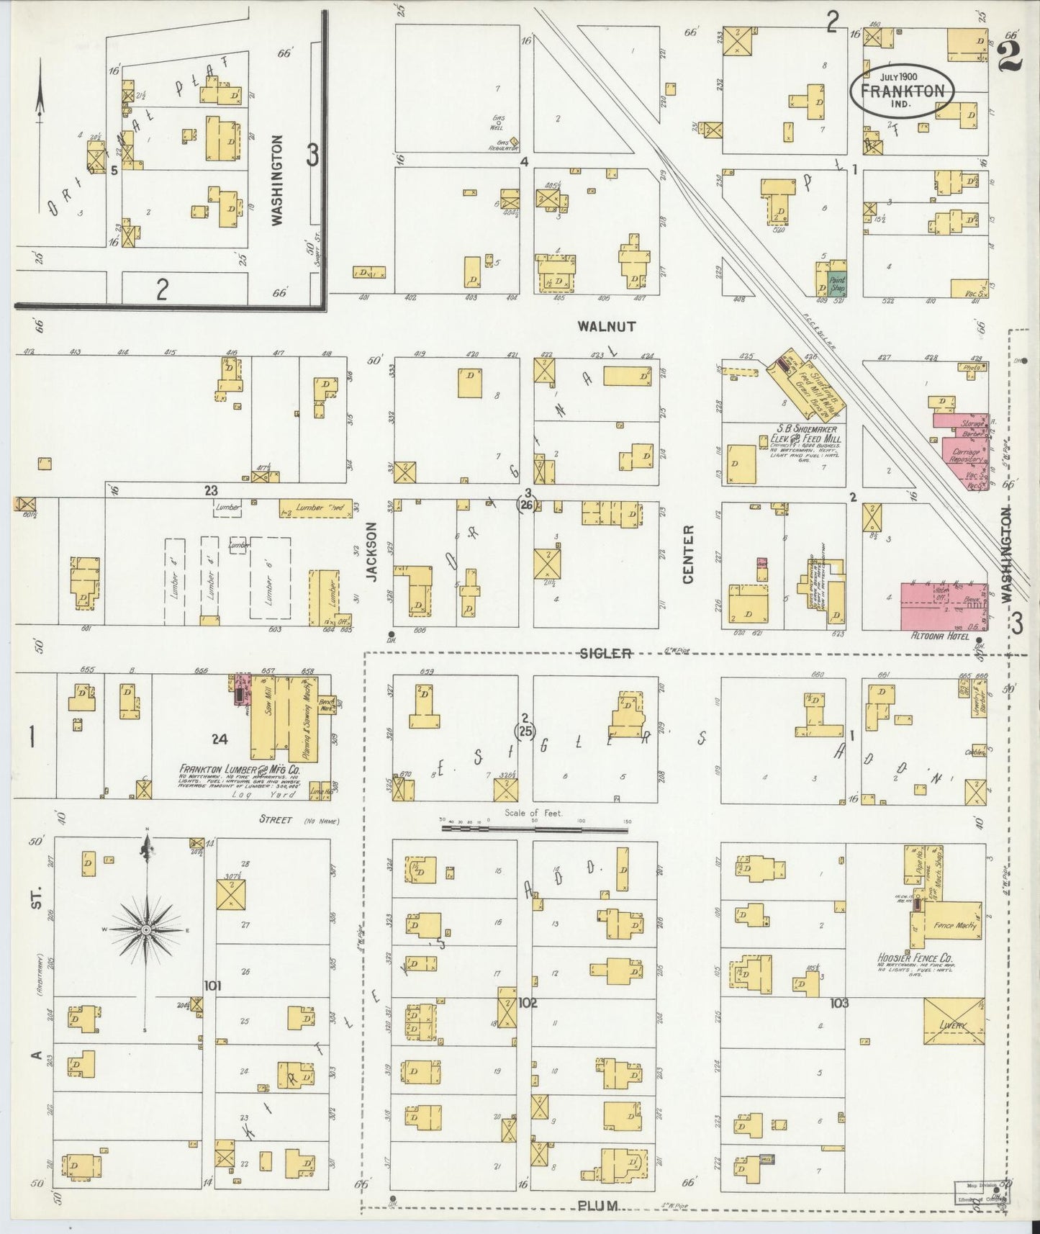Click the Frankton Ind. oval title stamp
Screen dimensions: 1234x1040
[x=903, y=91]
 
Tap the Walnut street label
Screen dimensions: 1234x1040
[x=607, y=326]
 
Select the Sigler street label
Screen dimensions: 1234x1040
[x=607, y=653]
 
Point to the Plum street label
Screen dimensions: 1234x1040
[x=597, y=1205]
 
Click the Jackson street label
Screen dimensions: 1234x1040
[x=371, y=551]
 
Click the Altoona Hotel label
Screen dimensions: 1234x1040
[x=933, y=637]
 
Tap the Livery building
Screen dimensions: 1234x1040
[x=954, y=1021]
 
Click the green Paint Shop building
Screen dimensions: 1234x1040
[x=837, y=284]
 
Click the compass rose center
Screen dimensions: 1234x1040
[x=146, y=930]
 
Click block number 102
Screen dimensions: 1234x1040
[x=528, y=1002]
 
